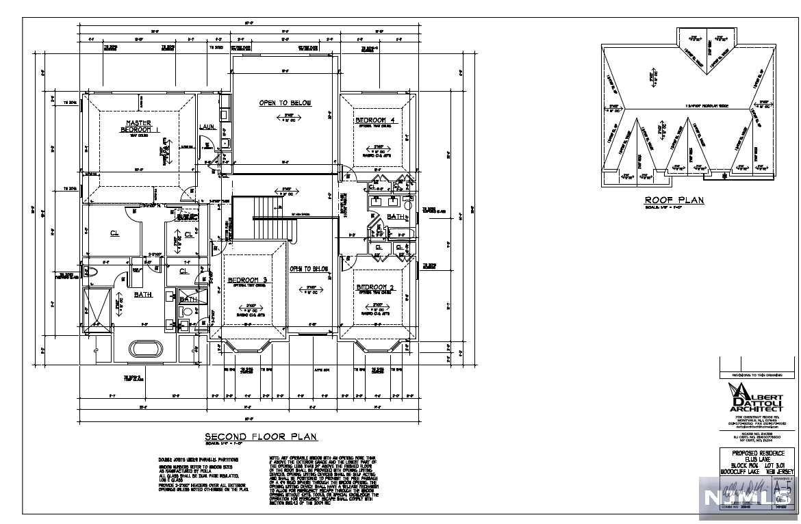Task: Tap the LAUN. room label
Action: point(207,127)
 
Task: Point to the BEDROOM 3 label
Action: point(247,280)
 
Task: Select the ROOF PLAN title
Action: point(674,200)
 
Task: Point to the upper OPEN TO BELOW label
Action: point(285,103)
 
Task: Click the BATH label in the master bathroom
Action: point(142,295)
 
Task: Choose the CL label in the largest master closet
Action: point(114,233)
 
